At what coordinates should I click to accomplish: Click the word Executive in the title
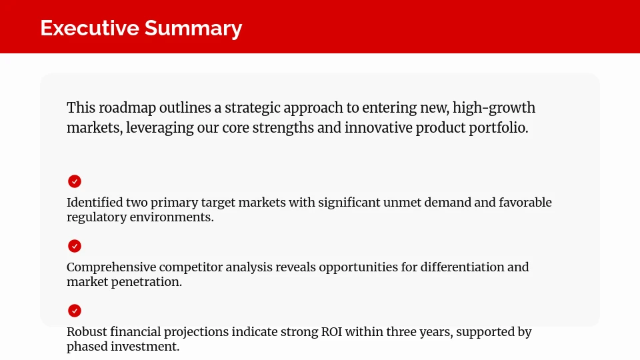pos(89,28)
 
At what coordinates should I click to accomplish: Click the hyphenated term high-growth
pos(494,108)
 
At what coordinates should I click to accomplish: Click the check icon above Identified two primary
pos(75,181)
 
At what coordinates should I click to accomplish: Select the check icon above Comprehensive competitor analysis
pos(75,246)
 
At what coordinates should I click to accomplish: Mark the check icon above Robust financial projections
pos(75,311)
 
